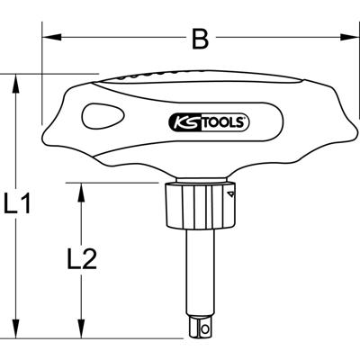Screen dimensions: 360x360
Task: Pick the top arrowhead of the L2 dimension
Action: pyautogui.click(x=83, y=188)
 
